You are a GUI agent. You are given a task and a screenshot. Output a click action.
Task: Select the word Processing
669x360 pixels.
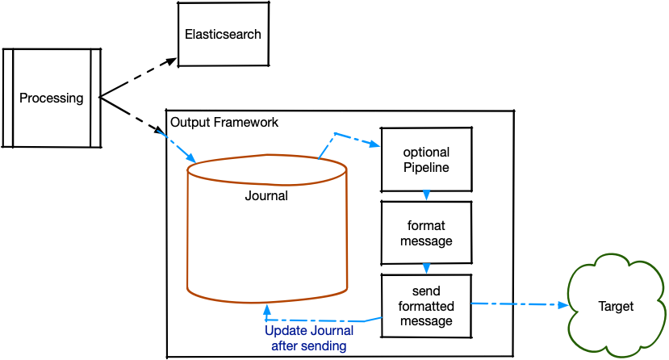coord(52,98)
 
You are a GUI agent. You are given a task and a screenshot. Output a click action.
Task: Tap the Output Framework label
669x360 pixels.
coord(224,122)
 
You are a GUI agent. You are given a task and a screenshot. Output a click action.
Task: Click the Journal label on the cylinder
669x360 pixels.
coord(266,195)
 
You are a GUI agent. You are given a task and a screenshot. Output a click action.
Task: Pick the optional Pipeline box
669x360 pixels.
coord(426,160)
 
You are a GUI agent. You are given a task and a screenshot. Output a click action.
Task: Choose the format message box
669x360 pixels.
coord(425,232)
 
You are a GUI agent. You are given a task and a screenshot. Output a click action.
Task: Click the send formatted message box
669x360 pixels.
coord(425,307)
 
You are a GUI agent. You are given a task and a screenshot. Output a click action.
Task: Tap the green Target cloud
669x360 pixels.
coord(616,307)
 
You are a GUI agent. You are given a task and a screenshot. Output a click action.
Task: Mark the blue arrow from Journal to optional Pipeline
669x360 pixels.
coord(347,138)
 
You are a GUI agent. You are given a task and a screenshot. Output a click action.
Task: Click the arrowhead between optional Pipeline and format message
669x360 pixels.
coord(426,195)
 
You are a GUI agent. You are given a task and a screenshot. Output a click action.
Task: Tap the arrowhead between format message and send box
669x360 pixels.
coord(426,268)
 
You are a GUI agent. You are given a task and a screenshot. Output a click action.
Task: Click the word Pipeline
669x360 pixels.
coord(426,168)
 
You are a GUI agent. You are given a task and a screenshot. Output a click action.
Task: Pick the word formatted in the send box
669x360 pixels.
coord(426,307)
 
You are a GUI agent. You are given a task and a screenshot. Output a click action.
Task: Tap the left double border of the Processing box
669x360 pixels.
coord(9,98)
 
